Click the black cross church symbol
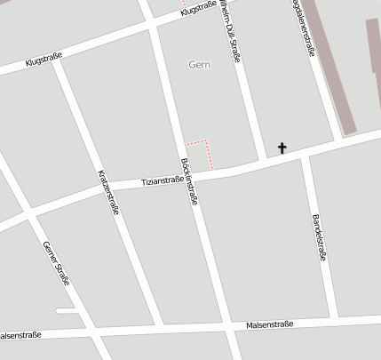click(282, 148)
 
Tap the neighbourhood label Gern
click(201, 64)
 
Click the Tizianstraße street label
click(163, 181)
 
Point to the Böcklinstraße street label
click(188, 182)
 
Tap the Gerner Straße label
click(56, 262)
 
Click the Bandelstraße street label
click(320, 237)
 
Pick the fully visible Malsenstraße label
click(270, 326)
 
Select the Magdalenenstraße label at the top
click(303, 27)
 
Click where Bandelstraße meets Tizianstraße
click(304, 156)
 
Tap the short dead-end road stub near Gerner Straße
click(67, 310)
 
